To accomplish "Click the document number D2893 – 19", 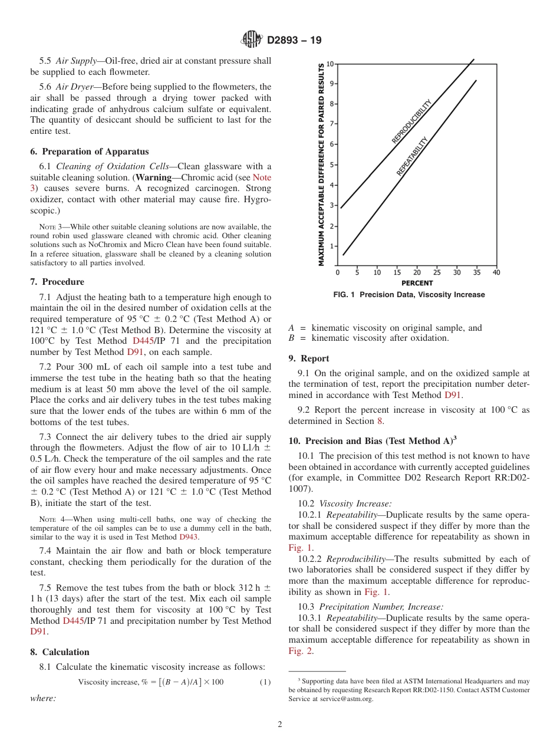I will click(x=294, y=41).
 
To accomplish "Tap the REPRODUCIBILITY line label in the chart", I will click(x=411, y=121).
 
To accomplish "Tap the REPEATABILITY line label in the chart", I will click(x=412, y=156).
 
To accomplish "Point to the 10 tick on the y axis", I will click(x=331, y=64).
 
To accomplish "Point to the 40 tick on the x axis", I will click(x=496, y=272).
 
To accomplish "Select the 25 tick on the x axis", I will click(x=437, y=272).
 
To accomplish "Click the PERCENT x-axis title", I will click(x=417, y=283).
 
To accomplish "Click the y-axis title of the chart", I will click(x=321, y=164).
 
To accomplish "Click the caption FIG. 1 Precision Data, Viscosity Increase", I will click(x=409, y=295).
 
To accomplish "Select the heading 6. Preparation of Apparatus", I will click(x=90, y=152).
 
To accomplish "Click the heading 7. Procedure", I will click(x=57, y=282).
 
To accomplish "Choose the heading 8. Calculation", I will click(x=60, y=652).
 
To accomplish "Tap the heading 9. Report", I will click(x=309, y=358).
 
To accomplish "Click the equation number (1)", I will click(x=265, y=682).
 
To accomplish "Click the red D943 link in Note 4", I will click(x=189, y=537).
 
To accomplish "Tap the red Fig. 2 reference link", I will click(x=300, y=651).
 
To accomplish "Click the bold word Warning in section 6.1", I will click(x=154, y=177).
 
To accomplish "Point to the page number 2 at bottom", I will click(x=280, y=725).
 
